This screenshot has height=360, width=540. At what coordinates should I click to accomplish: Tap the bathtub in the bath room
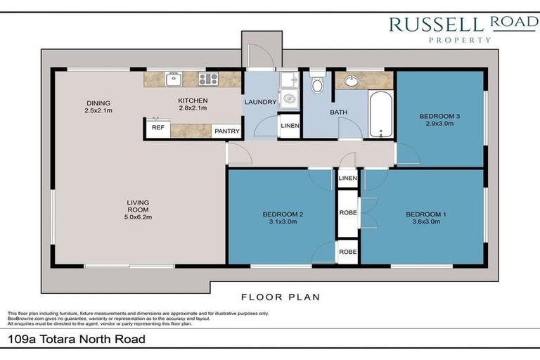click(380, 114)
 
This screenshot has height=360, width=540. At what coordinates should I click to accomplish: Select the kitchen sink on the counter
click(174, 79)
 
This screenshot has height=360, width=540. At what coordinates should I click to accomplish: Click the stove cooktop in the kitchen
click(208, 79)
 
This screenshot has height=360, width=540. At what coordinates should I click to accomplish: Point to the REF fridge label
click(158, 127)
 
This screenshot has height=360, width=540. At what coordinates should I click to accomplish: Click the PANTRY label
click(227, 131)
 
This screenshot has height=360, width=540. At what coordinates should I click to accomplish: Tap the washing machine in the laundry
click(288, 99)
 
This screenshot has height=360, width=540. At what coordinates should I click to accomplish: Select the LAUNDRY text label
click(260, 102)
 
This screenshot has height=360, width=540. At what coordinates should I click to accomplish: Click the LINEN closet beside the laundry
click(290, 126)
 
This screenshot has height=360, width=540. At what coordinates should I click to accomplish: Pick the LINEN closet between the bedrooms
click(348, 178)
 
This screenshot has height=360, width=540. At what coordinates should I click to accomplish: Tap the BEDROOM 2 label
click(283, 214)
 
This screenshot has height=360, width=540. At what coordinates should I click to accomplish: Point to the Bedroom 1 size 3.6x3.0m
click(426, 222)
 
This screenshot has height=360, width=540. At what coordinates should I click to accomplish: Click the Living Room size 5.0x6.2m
click(138, 217)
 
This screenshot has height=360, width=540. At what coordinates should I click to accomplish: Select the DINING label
click(98, 103)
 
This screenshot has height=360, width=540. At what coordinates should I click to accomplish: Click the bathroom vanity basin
click(352, 81)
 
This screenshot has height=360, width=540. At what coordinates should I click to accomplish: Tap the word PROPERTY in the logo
click(460, 40)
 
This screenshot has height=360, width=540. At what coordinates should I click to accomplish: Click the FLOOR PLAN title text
click(281, 297)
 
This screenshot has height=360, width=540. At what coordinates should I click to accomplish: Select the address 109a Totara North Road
click(77, 340)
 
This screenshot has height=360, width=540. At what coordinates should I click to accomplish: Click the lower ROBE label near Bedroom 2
click(348, 252)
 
